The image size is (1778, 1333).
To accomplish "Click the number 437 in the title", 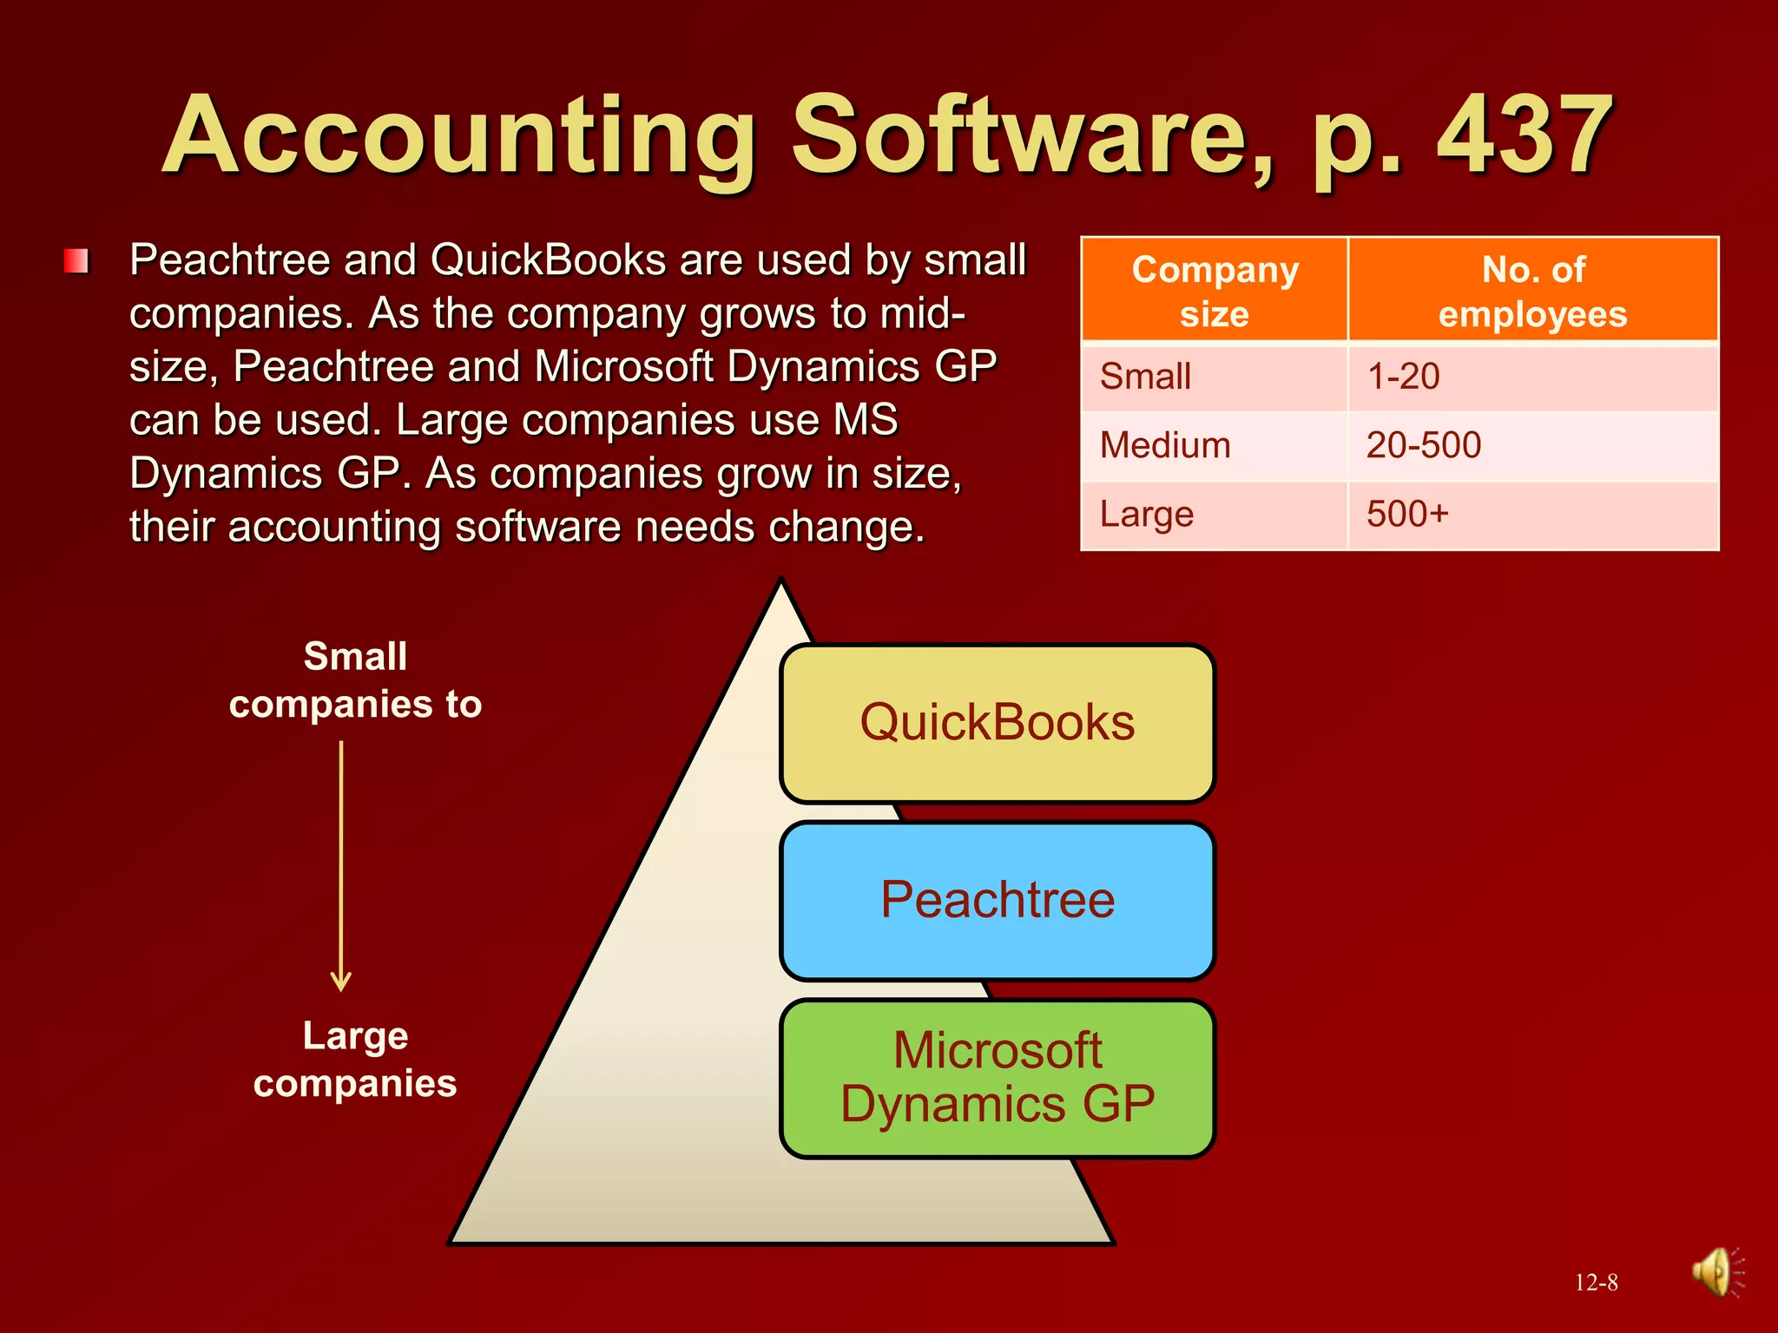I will point(1524,137).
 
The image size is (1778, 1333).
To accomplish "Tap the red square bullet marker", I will point(76,261).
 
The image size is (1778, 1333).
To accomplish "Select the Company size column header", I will point(1214,291).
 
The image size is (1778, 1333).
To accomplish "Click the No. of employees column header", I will point(1532,291).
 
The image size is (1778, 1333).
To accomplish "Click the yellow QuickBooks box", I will point(997,723).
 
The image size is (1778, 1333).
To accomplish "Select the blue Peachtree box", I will point(997,900).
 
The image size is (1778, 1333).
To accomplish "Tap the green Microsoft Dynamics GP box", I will point(997,1078).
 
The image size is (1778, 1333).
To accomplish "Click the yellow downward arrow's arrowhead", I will point(341,982).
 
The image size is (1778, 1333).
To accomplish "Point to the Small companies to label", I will point(355,680).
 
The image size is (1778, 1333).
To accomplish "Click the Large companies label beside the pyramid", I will point(355,1060).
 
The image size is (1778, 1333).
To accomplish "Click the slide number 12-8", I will point(1596,1283).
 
